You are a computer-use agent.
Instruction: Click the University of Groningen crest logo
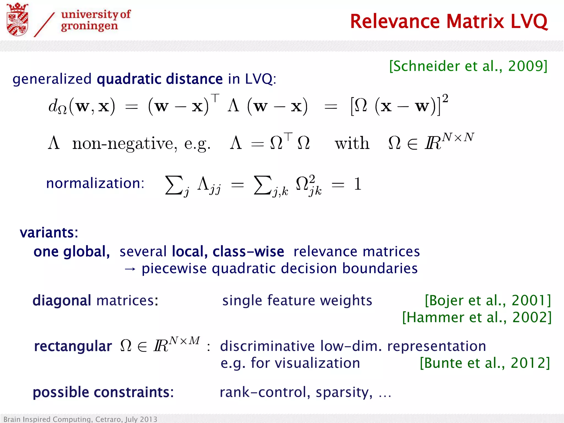[x=17, y=20]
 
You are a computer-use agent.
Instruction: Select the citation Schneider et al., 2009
[x=468, y=66]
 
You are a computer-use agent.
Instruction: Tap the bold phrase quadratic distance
[x=160, y=79]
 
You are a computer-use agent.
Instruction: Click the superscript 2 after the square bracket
[x=445, y=98]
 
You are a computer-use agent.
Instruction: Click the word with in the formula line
[x=352, y=143]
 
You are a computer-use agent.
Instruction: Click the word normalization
[x=95, y=183]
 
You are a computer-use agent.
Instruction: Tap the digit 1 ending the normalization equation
[x=357, y=184]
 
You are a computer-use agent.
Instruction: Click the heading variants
[x=49, y=233]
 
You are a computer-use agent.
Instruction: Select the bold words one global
[x=72, y=252]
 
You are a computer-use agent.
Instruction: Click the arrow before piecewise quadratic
[x=130, y=269]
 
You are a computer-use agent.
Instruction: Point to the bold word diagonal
[x=62, y=300]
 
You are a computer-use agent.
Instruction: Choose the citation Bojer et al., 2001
[x=488, y=300]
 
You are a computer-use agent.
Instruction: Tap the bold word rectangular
[x=73, y=346]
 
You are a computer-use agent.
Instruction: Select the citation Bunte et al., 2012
[x=485, y=363]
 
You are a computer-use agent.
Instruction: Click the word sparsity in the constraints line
[x=344, y=392]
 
